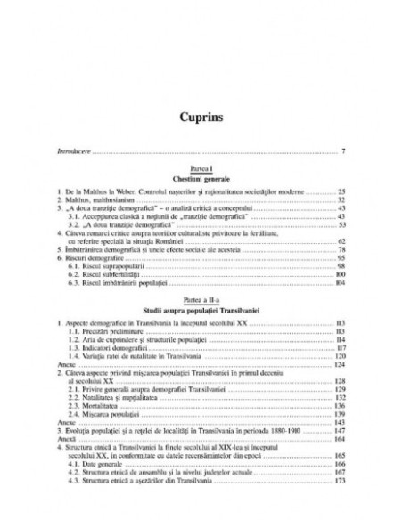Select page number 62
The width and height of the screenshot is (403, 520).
coord(341,243)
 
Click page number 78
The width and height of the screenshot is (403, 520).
coord(341,252)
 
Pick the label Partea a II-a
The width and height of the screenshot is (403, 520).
coord(201,302)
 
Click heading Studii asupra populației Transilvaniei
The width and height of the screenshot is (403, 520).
coord(201,311)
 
